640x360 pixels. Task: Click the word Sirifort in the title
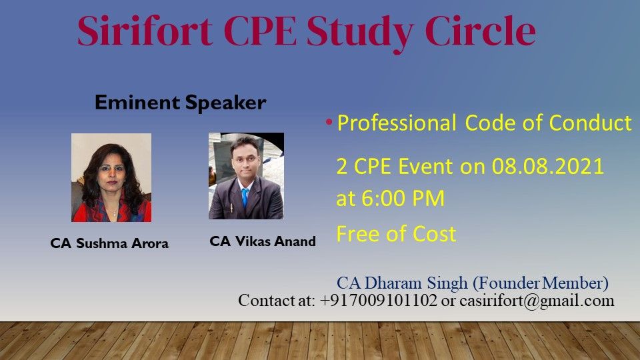pyautogui.click(x=145, y=31)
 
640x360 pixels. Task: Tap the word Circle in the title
pyautogui.click(x=481, y=31)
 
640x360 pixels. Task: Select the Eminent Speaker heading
pyautogui.click(x=181, y=103)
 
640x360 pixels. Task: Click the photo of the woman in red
pyautogui.click(x=111, y=177)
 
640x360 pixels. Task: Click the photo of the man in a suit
pyautogui.click(x=246, y=176)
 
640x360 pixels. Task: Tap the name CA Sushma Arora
pyautogui.click(x=109, y=243)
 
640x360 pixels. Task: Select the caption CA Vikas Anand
pyautogui.click(x=263, y=241)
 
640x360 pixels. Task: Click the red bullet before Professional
pyautogui.click(x=329, y=122)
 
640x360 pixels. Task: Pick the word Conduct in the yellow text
pyautogui.click(x=590, y=123)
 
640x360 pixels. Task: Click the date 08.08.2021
pyautogui.click(x=548, y=167)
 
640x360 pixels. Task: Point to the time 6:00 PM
pyautogui.click(x=403, y=199)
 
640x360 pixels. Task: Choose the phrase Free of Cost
pyautogui.click(x=396, y=234)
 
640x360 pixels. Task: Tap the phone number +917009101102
pyautogui.click(x=379, y=301)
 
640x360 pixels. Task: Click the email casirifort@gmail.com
pyautogui.click(x=537, y=301)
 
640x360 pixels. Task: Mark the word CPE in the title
pyautogui.click(x=260, y=31)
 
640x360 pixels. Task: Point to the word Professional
pyautogui.click(x=396, y=123)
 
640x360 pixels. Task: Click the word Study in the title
pyautogui.click(x=361, y=33)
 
